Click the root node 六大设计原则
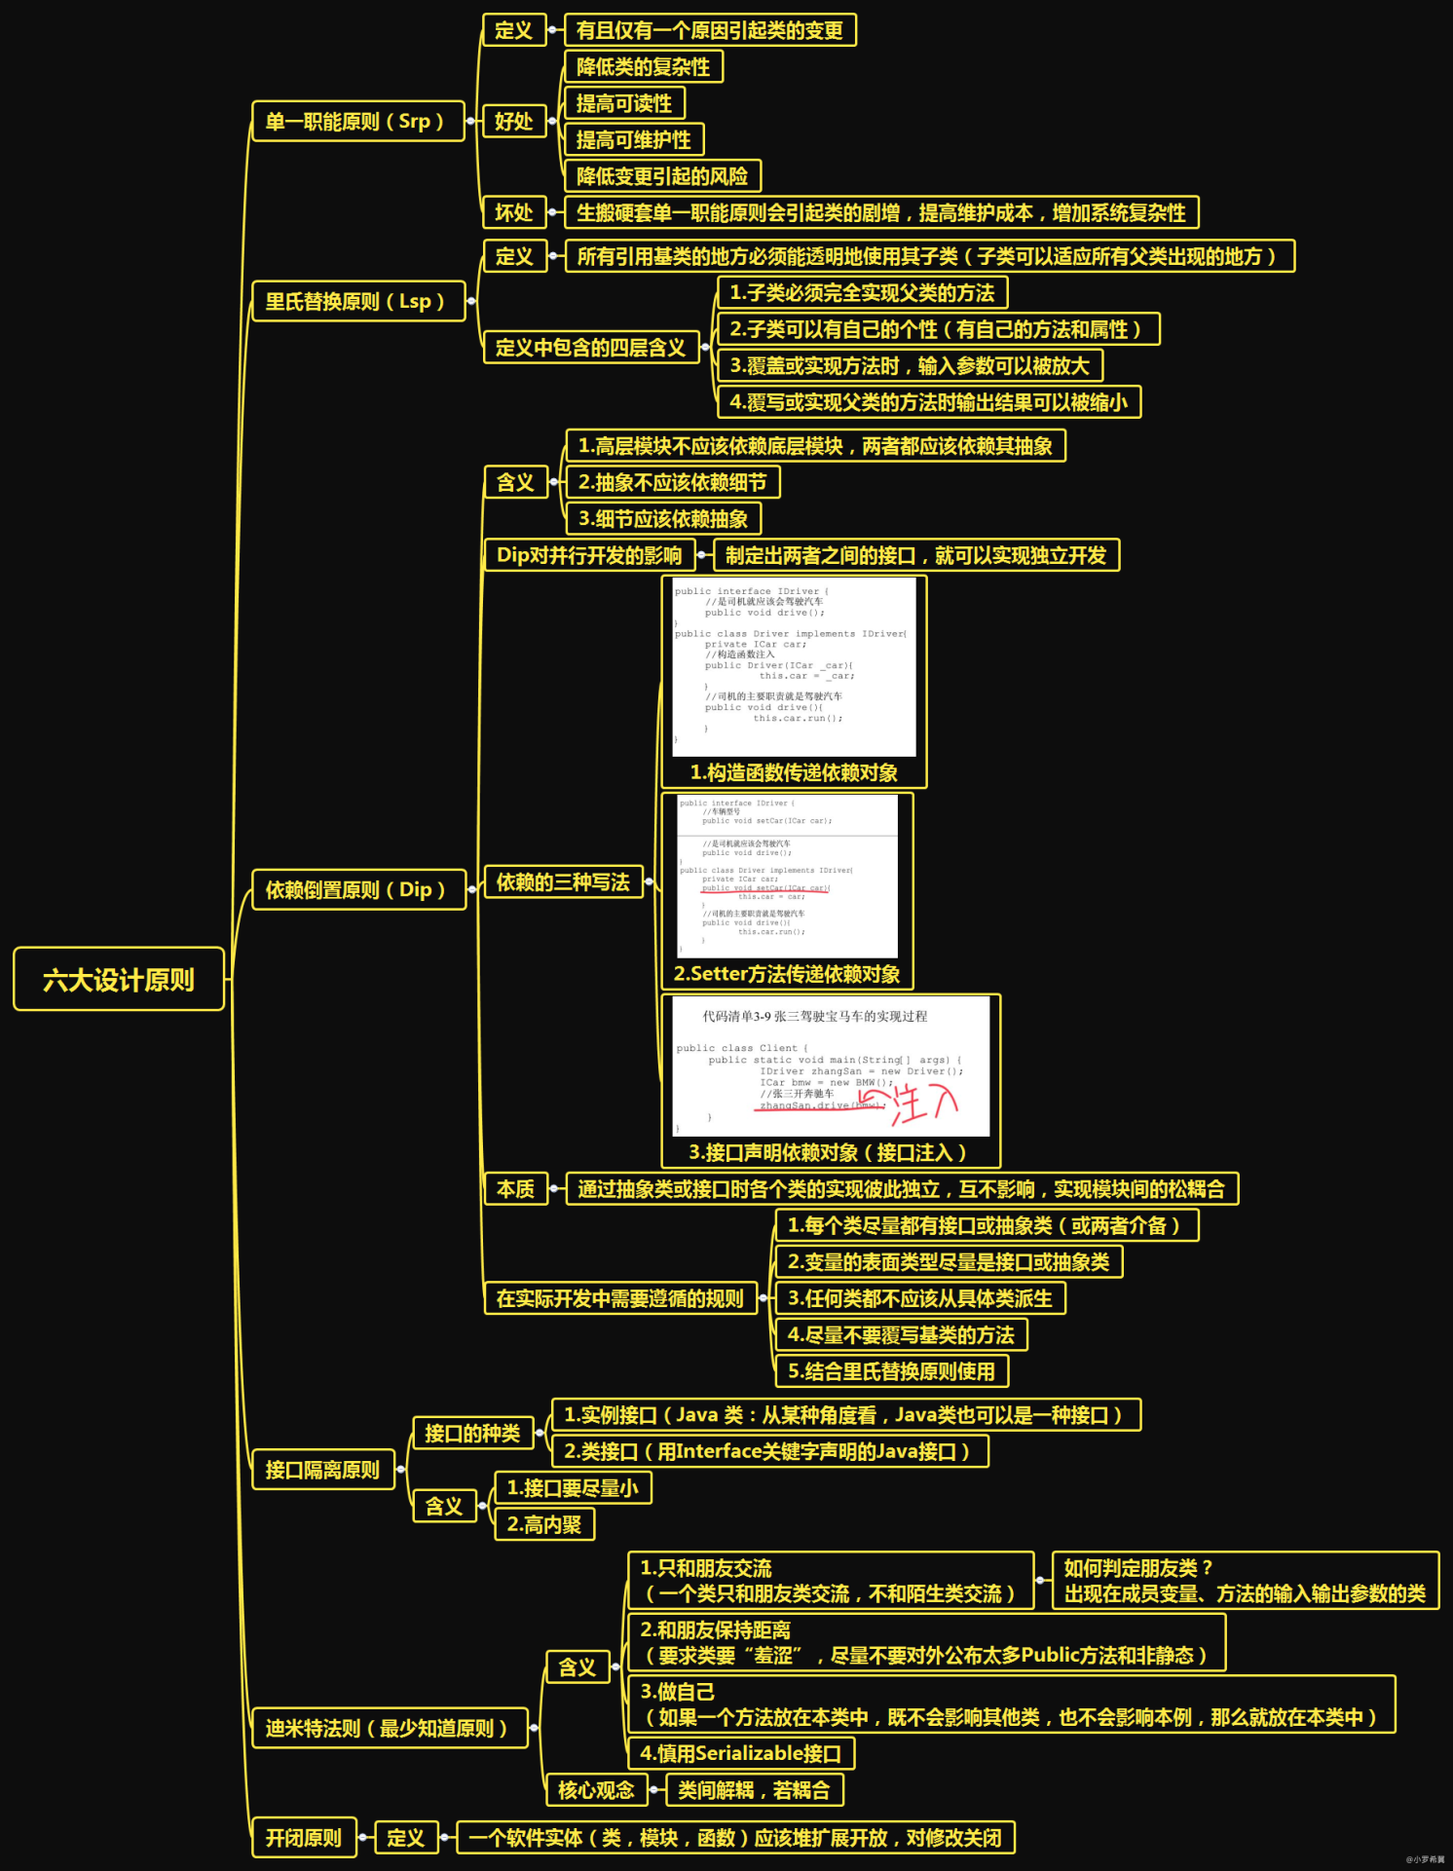119,979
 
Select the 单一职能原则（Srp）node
357,122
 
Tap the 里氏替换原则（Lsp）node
357,302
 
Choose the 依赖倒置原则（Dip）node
357,890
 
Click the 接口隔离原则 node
322,1470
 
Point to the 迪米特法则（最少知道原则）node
389,1728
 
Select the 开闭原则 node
304,1838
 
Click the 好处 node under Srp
513,122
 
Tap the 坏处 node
513,212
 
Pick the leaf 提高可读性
624,103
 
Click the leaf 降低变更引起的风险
662,176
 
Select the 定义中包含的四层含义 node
591,347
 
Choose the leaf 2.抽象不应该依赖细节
672,482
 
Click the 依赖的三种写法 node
563,882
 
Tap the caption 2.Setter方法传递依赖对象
787,974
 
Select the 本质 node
515,1189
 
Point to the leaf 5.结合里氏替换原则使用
891,1371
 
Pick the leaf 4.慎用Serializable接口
740,1753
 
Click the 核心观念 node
596,1789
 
